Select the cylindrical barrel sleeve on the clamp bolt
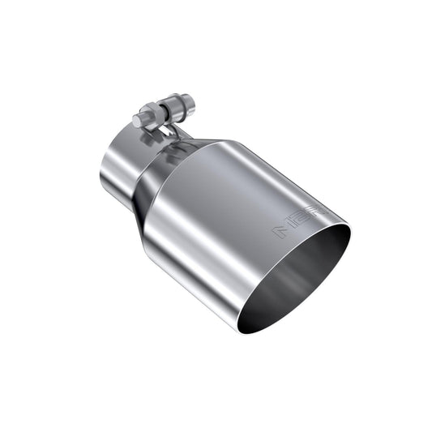pyautogui.click(x=179, y=105)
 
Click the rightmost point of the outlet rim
pyautogui.click(x=353, y=235)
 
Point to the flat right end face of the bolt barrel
pyautogui.click(x=191, y=102)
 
